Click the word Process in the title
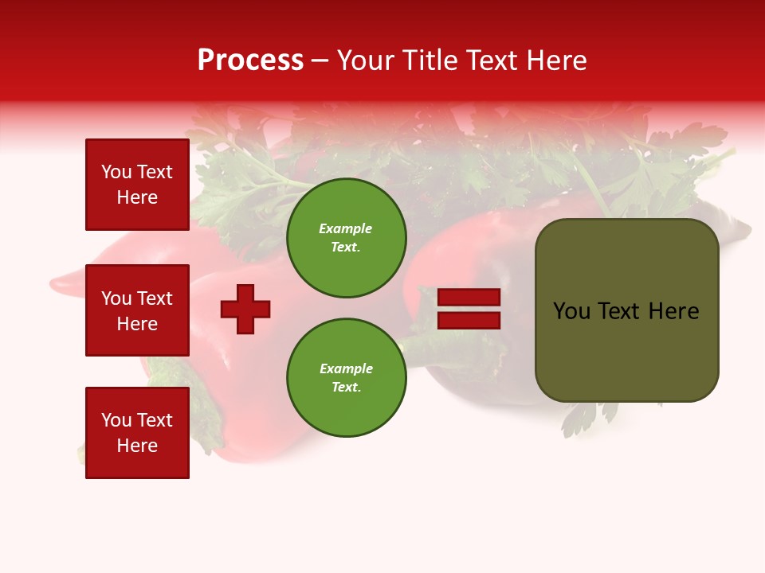pos(250,60)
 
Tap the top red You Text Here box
pos(137,185)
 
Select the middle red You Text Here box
pos(137,310)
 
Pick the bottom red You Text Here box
pos(137,433)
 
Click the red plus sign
pos(245,309)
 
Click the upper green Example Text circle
pos(346,238)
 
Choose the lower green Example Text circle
pos(346,378)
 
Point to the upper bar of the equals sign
pos(469,298)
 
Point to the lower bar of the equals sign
pos(469,321)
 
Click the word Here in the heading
pos(557,60)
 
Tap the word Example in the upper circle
pos(345,229)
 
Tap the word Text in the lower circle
pos(346,388)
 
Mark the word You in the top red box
pos(116,172)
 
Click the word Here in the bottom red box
pos(137,446)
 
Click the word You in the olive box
pos(572,311)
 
